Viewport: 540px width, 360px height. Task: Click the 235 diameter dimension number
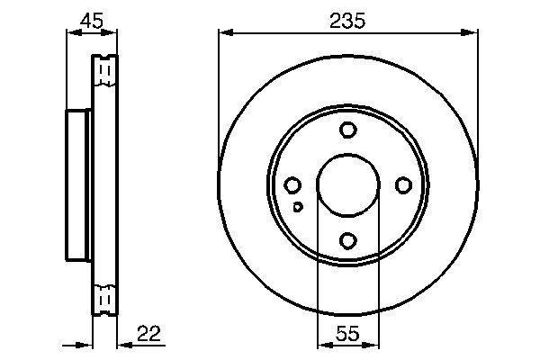tap(347, 21)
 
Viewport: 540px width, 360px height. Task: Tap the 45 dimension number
tap(91, 21)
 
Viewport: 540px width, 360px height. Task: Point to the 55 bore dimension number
tap(347, 333)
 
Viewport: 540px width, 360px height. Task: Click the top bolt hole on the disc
tap(348, 130)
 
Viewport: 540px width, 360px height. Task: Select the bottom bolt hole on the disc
tap(348, 240)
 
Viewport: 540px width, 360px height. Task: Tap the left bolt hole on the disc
tap(292, 185)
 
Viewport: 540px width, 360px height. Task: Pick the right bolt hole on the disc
tap(403, 185)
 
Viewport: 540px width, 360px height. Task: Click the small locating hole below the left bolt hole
tap(298, 207)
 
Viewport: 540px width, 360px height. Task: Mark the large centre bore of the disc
tap(348, 185)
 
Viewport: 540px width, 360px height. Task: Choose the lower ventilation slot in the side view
tap(105, 296)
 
